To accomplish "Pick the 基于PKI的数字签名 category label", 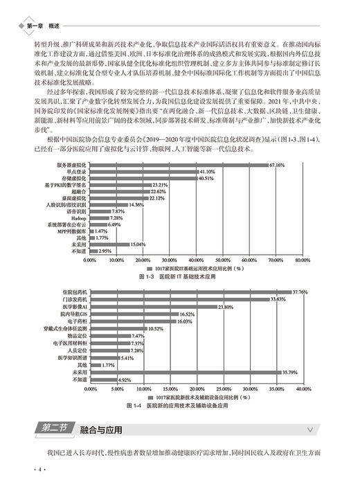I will pyautogui.click(x=63, y=184).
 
